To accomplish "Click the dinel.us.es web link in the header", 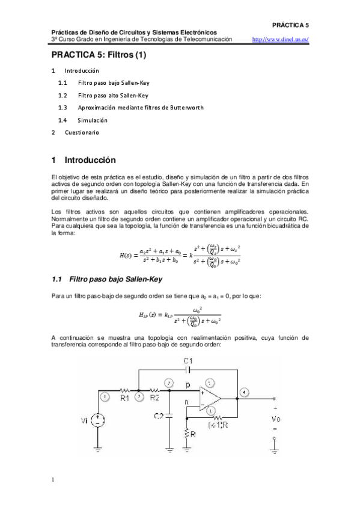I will (281, 40).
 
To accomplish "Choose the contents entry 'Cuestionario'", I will (82, 132).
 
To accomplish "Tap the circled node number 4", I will (243, 393).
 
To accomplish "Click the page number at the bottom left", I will (53, 479).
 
